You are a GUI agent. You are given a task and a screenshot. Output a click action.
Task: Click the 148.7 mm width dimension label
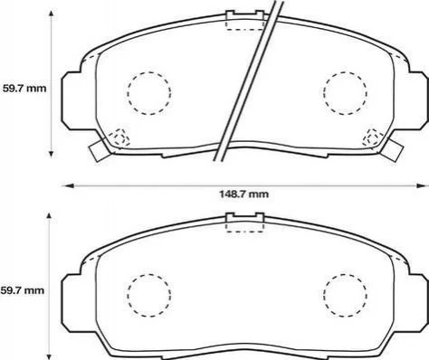coord(243,194)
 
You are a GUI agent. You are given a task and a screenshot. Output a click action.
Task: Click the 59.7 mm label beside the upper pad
coord(24,89)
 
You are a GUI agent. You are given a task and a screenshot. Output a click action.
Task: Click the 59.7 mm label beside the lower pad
coord(23,290)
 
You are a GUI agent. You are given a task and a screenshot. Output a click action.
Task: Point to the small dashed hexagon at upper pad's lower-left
coord(119,138)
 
